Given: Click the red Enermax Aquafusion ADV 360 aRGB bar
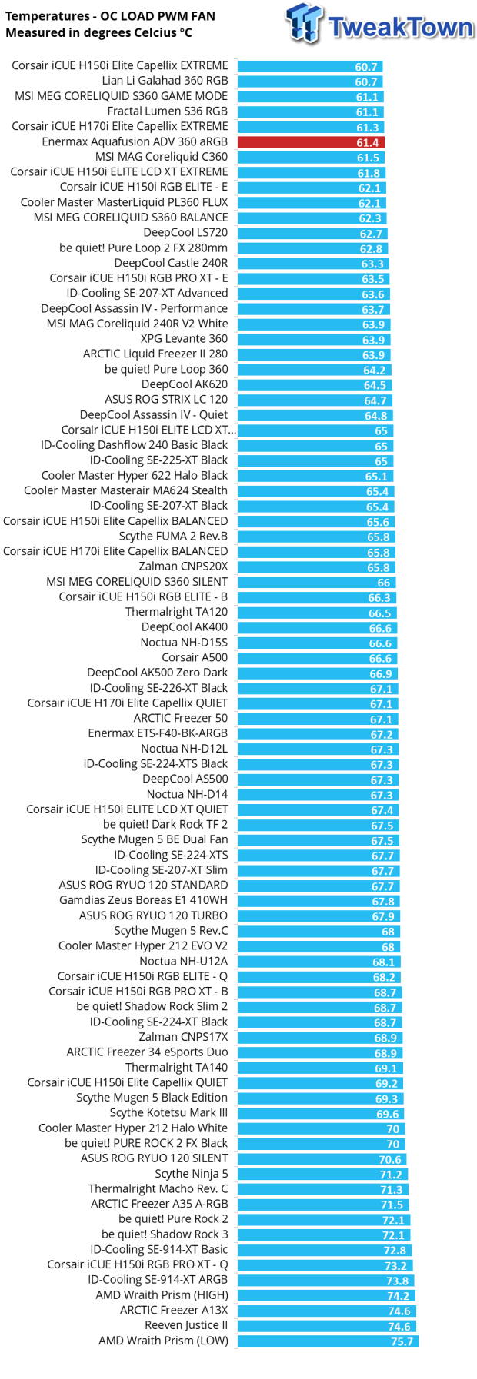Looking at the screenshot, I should (x=310, y=142).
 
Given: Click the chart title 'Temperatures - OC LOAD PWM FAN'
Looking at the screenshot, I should (x=110, y=16).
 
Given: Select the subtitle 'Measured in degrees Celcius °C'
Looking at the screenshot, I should (x=98, y=33).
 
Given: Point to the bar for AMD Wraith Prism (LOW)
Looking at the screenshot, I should (x=327, y=1341).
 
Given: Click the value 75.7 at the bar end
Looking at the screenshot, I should (x=402, y=1341).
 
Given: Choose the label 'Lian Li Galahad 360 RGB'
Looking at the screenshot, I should (x=165, y=81).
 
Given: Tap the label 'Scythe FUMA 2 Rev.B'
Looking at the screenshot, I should (x=173, y=537).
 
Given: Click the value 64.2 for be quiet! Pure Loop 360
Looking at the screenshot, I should (x=374, y=370).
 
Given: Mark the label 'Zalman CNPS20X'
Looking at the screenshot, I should (x=183, y=567).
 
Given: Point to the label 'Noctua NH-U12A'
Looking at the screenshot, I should (x=183, y=962).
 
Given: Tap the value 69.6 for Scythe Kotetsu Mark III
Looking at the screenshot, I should (x=387, y=1114).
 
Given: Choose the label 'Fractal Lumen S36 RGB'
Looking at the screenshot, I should (x=168, y=111).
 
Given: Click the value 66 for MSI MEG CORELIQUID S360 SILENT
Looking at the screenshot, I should (x=383, y=583).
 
